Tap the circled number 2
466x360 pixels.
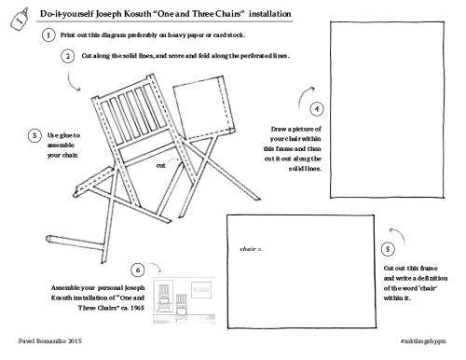(68, 56)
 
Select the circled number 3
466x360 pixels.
(34, 136)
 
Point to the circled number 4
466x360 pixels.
(318, 109)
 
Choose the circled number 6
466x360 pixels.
(138, 270)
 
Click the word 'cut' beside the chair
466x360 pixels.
(160, 165)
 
